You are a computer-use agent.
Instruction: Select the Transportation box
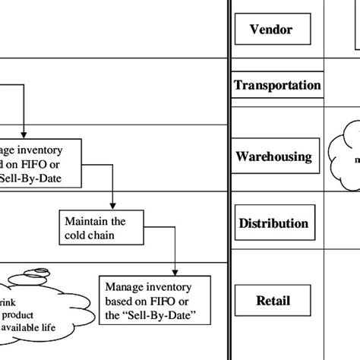click(x=276, y=86)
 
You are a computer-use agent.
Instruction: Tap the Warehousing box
click(x=274, y=156)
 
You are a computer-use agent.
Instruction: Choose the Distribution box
click(x=273, y=223)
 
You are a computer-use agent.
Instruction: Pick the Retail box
click(x=273, y=301)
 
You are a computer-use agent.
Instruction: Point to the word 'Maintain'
click(x=86, y=222)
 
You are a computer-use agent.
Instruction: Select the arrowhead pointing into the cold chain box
click(x=113, y=207)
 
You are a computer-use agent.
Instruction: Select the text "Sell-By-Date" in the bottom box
click(x=166, y=315)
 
